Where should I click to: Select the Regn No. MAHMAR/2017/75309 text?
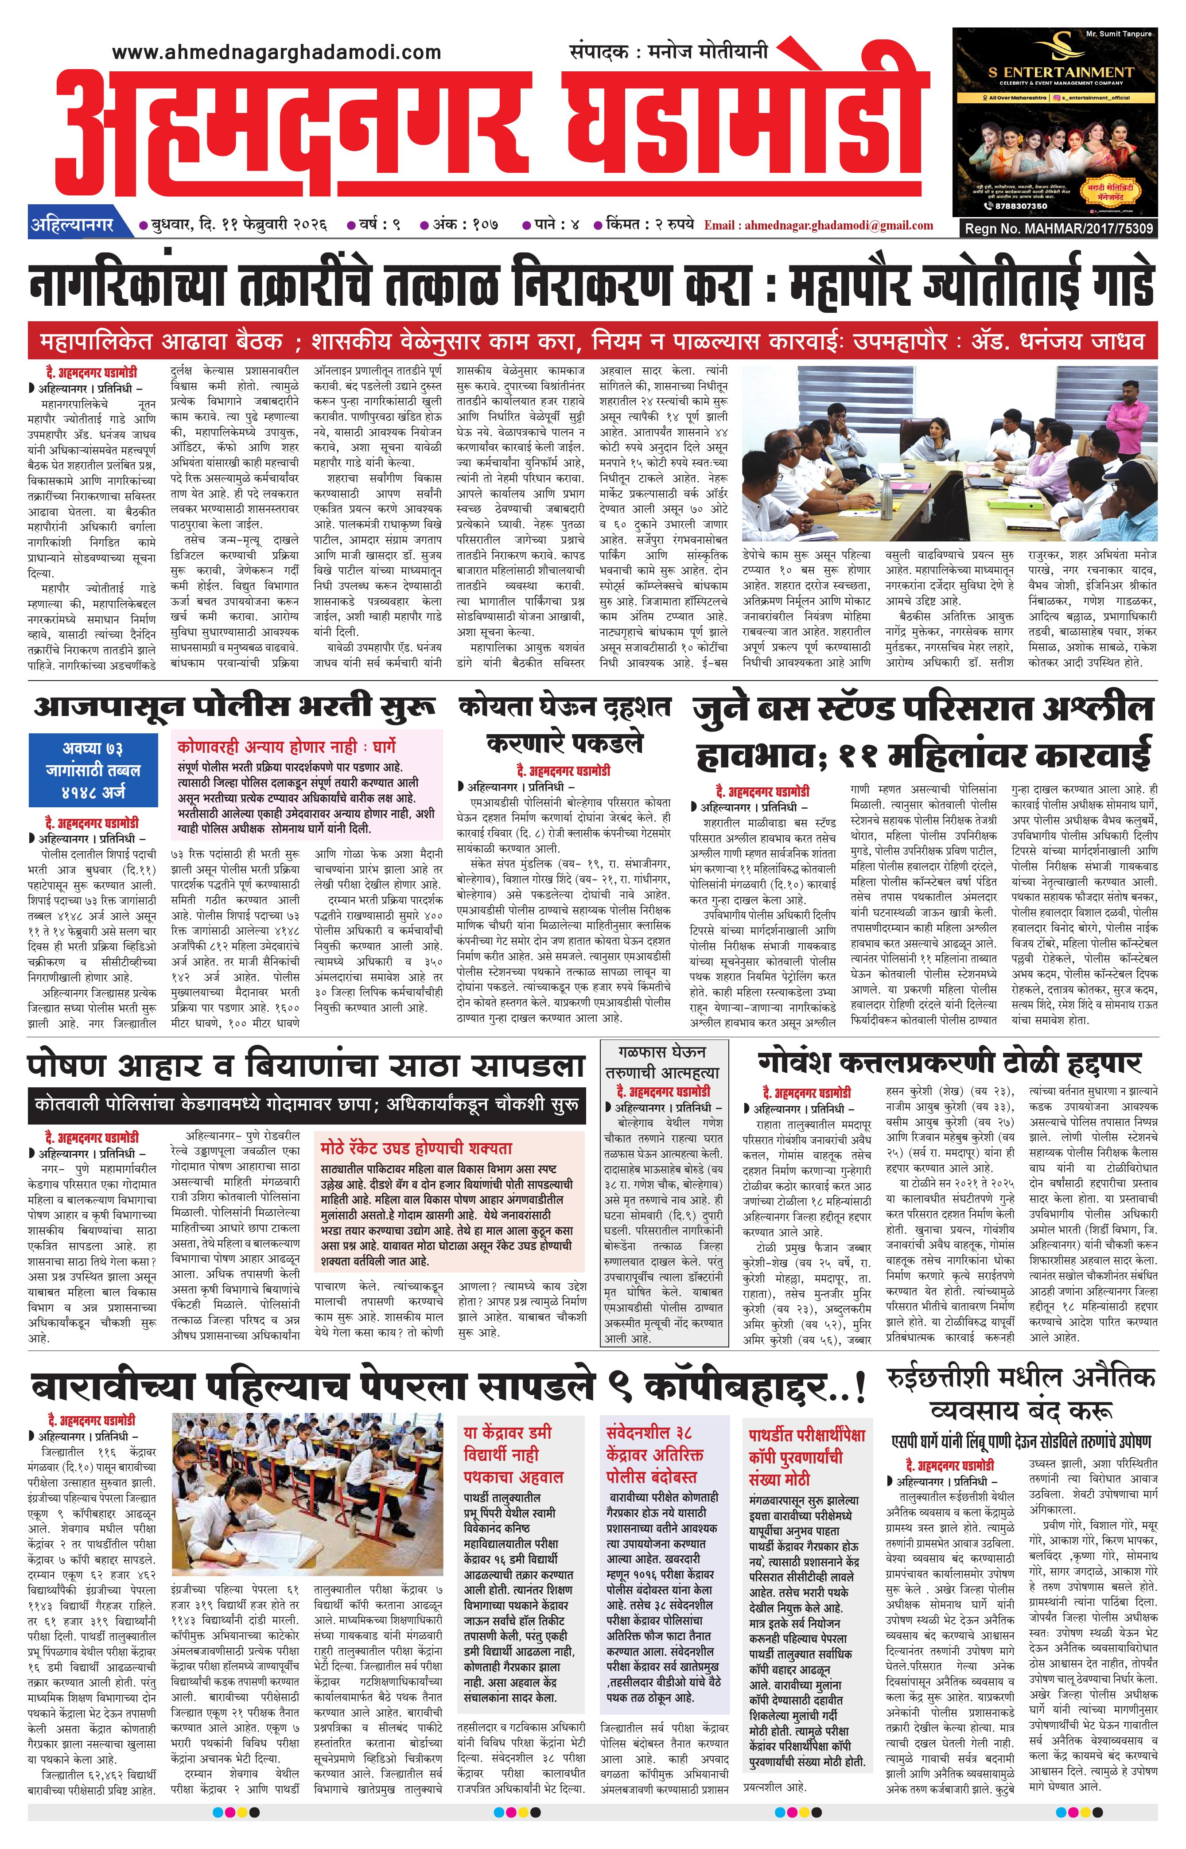click(1059, 228)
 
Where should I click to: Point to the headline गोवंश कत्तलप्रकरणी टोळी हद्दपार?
click(949, 1063)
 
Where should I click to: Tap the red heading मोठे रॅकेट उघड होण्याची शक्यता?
click(416, 1148)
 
